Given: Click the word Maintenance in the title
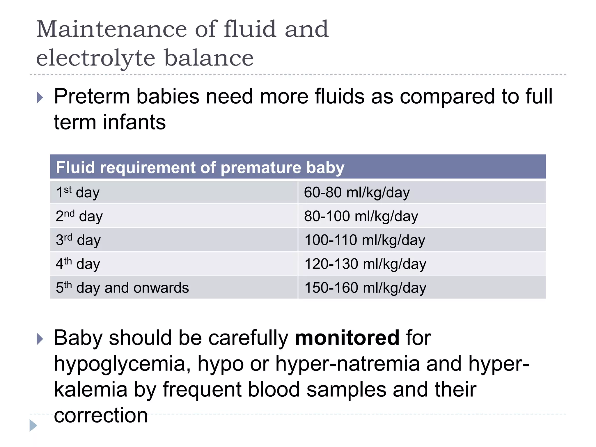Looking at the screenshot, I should tap(111, 29).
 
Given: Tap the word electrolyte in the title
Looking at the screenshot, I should tap(96, 58).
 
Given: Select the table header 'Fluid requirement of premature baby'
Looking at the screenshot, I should tap(200, 168).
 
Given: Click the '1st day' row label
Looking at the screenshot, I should tap(78, 192).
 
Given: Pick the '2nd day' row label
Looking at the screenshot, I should tap(79, 216).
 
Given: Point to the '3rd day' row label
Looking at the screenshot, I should tap(78, 240).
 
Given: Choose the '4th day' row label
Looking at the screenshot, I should tap(78, 264).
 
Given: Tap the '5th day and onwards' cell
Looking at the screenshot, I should tap(122, 288).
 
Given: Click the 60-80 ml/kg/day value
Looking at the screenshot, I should tap(357, 192).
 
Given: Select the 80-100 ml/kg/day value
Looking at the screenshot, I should tap(361, 216).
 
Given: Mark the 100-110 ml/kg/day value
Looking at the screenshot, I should tap(365, 240).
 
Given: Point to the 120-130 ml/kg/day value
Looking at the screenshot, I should tap(365, 264).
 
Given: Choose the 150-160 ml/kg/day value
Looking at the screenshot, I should tap(365, 288).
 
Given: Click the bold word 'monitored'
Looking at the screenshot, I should tap(347, 338).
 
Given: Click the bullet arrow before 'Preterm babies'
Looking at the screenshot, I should tap(40, 97).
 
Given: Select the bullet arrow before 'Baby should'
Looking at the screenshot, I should tap(40, 339).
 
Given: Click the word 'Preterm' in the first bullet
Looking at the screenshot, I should tap(92, 96).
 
